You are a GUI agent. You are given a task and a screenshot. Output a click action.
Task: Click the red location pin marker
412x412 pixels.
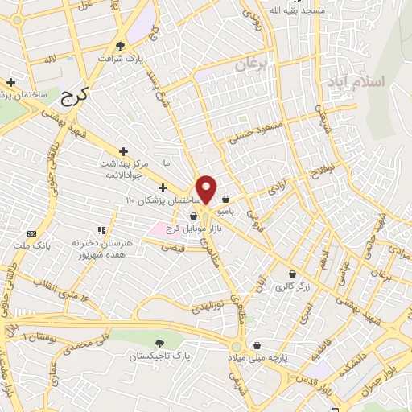coord(206,189)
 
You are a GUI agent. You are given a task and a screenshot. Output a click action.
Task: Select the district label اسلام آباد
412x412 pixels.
coord(356,81)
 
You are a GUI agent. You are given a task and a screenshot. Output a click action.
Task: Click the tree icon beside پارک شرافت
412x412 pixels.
coord(121,46)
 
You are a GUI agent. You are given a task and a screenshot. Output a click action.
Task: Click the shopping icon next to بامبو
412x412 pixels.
coord(225,200)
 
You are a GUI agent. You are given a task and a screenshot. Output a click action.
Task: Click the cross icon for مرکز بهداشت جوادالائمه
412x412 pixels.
coord(123,151)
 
